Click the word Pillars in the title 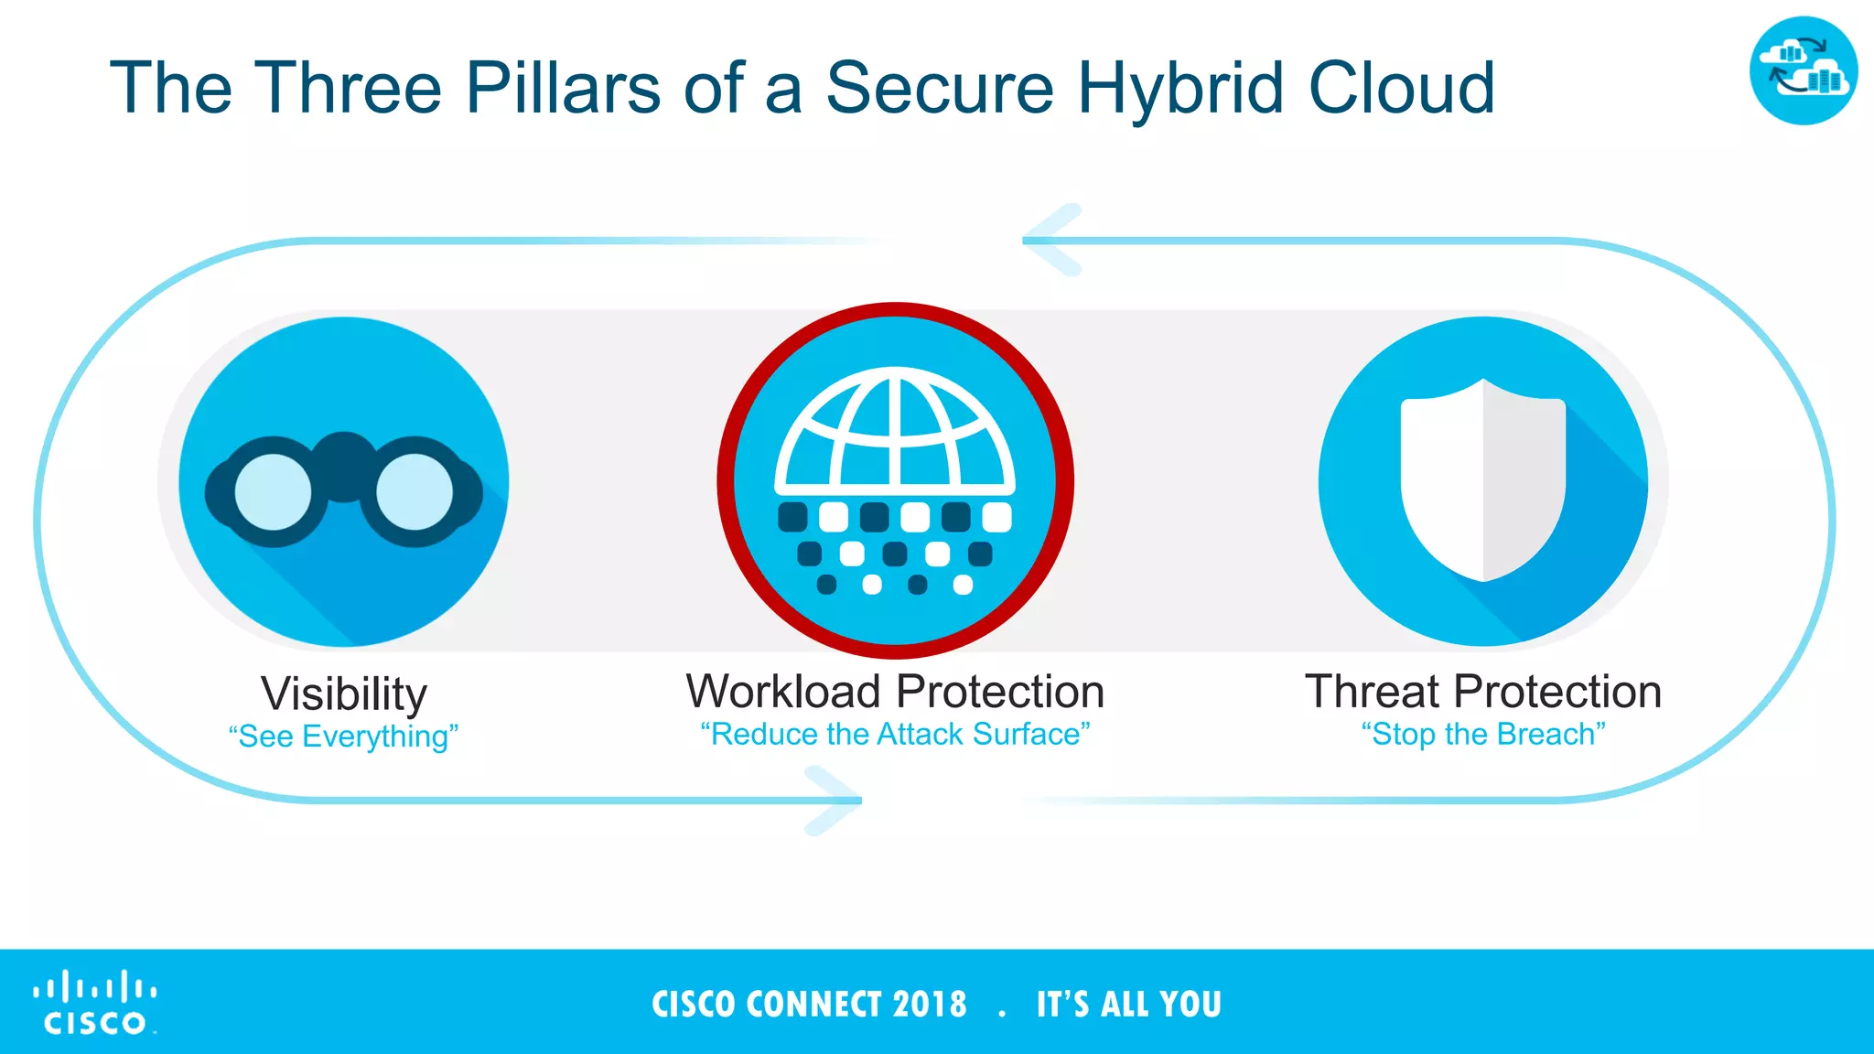(x=563, y=88)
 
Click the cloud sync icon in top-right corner (x=1803, y=70)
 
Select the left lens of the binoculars (x=273, y=492)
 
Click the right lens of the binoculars (x=415, y=492)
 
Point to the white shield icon (x=1482, y=480)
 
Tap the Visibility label (x=344, y=694)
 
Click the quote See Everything (x=343, y=737)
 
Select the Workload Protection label (x=895, y=691)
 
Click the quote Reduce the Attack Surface (x=895, y=734)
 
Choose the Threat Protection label (x=1482, y=691)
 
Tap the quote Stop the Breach (x=1482, y=734)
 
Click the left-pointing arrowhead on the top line (x=1050, y=240)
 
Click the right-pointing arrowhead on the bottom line (x=835, y=801)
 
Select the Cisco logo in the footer (x=95, y=1003)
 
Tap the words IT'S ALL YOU (x=1128, y=1004)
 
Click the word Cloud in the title (x=1401, y=88)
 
